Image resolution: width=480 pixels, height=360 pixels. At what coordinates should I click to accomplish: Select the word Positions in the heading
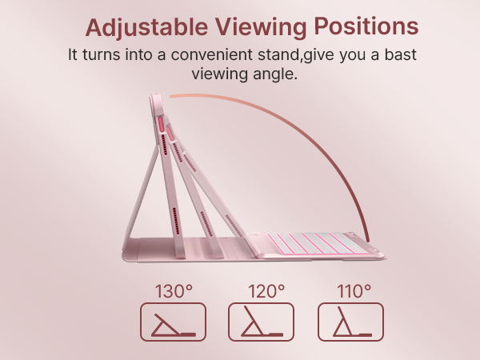pos(366,26)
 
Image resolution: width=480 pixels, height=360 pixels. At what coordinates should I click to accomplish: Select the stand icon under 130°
pos(173,322)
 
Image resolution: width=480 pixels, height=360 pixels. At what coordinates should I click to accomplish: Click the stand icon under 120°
pos(262,322)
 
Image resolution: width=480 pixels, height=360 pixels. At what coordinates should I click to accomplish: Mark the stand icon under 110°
pos(350,322)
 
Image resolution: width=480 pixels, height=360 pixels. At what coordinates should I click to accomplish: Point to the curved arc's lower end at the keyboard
pos(366,236)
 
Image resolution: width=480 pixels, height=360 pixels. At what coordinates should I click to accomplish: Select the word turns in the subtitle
pos(102,56)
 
